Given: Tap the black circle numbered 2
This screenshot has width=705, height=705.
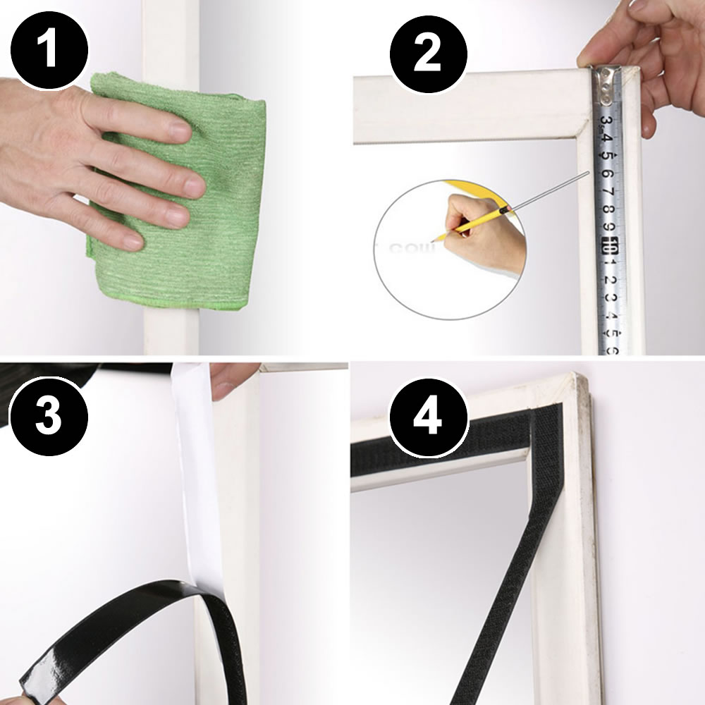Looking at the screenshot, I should point(427,54).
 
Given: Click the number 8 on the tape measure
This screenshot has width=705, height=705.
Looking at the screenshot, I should point(608,209).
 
